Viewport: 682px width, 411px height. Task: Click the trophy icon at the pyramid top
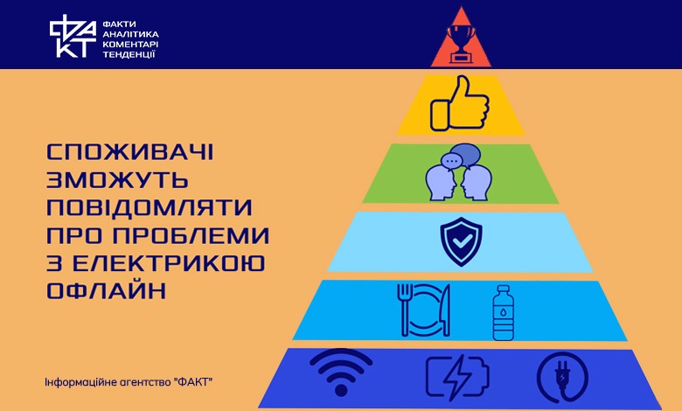(461, 44)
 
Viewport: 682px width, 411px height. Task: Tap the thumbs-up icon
(460, 103)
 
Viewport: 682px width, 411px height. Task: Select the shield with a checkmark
(461, 242)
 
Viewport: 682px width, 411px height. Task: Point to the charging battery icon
(457, 378)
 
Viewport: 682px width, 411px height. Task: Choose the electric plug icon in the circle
(562, 378)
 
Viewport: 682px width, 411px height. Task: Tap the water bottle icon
(504, 313)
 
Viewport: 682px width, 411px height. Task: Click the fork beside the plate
(405, 310)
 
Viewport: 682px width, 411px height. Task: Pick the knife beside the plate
(445, 310)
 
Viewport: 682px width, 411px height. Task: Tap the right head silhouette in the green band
(477, 183)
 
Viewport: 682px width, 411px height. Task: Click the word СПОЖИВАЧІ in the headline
(129, 152)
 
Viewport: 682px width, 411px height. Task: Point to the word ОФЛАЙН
(106, 290)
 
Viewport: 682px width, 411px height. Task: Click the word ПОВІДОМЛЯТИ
(150, 207)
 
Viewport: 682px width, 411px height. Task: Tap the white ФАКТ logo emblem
(73, 36)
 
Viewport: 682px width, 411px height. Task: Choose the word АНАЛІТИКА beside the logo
(130, 34)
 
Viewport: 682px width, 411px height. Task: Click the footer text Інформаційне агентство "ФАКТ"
(129, 383)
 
